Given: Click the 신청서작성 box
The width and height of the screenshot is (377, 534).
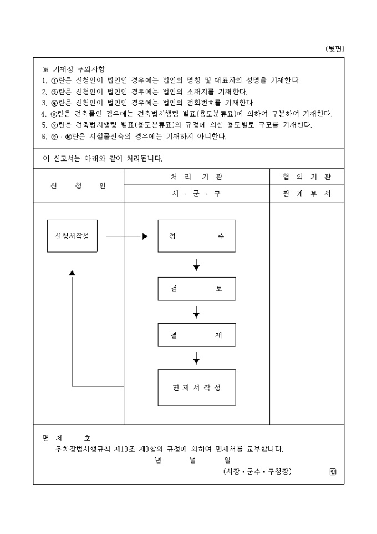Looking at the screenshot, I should coord(72,236).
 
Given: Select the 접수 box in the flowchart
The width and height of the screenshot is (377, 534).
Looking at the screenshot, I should coord(196,236).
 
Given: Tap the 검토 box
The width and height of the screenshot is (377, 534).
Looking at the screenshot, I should coord(196,289).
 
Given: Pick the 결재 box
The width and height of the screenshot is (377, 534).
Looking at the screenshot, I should coord(196,336).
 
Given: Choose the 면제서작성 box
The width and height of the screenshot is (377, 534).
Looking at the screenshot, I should coord(196,387).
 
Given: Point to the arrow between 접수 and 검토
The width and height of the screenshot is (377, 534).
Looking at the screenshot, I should coord(196,265).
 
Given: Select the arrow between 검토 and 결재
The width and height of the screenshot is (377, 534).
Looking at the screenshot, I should coord(196,312).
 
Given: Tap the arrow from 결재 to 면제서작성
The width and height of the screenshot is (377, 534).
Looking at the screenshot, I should coord(196,359).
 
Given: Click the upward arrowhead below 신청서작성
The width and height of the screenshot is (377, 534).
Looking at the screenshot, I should coord(72,273).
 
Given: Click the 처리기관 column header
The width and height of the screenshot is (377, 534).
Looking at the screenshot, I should coord(196,177).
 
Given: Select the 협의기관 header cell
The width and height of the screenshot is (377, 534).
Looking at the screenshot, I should coord(307,177).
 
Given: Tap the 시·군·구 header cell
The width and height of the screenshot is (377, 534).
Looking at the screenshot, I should coord(196,194).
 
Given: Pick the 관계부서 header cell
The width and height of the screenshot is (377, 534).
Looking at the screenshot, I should coord(307,194).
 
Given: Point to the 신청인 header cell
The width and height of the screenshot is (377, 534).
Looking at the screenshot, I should coord(78,185).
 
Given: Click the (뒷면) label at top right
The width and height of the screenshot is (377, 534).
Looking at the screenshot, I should coord(334,49).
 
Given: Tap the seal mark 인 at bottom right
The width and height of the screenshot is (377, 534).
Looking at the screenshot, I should coord(333,472).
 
